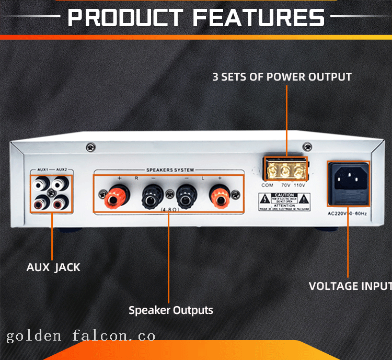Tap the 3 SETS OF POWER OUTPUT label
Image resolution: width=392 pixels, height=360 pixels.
click(x=282, y=77)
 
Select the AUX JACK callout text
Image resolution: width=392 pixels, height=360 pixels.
click(x=53, y=267)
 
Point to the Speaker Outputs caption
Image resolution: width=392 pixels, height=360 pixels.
click(x=171, y=310)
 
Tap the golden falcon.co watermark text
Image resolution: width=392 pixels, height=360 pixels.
click(x=81, y=335)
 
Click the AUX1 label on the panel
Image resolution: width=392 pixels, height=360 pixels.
click(x=43, y=170)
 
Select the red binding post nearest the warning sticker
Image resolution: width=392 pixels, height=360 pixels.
click(x=220, y=198)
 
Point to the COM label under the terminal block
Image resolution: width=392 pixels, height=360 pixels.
click(x=268, y=185)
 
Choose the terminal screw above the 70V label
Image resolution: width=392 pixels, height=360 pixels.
click(x=285, y=171)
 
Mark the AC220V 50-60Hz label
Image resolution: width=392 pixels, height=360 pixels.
click(x=348, y=213)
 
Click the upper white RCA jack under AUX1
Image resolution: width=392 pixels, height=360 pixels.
click(x=41, y=184)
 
